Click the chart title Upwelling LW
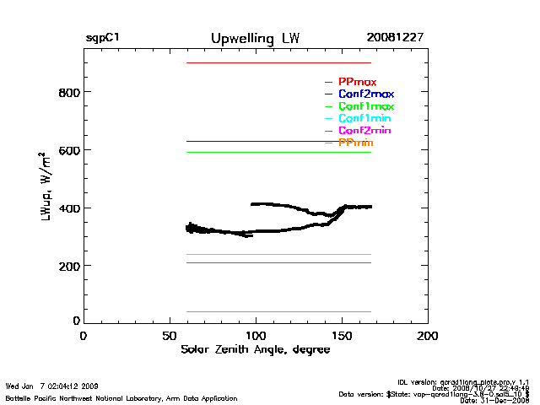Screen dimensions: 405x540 coord(254,39)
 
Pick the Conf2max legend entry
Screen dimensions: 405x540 coord(365,94)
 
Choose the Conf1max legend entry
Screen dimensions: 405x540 coord(365,107)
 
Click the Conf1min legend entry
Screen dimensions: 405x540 coord(364,119)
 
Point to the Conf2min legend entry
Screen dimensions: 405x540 coord(364,132)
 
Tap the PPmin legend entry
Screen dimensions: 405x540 coord(355,143)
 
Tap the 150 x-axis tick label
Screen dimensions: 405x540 coord(343,336)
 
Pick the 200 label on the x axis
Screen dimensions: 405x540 coord(429,336)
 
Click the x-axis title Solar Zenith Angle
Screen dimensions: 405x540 coord(254,349)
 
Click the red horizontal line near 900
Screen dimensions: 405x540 coord(278,62)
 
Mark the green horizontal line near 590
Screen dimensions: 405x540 coord(278,152)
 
